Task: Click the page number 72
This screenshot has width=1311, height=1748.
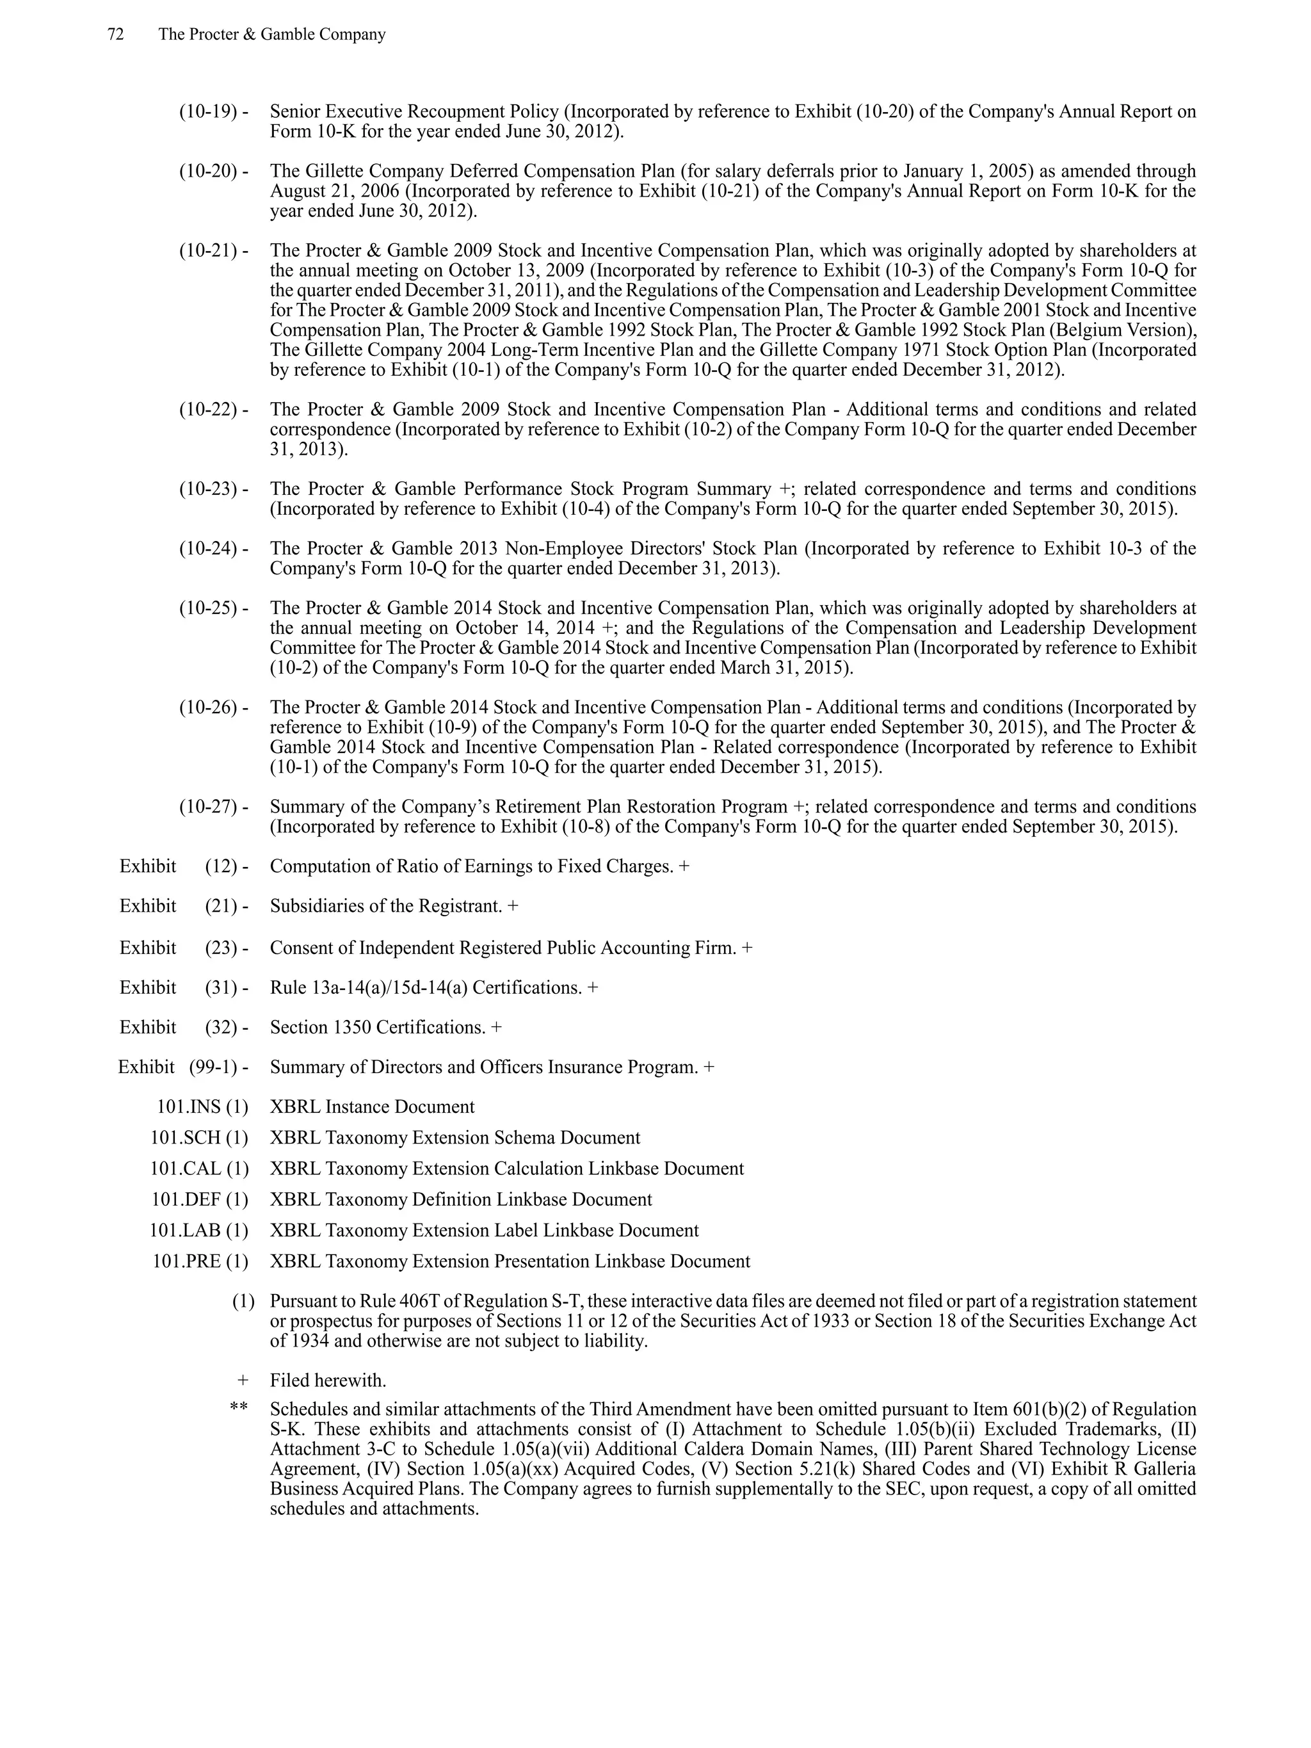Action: [115, 35]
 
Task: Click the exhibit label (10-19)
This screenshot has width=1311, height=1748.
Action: [208, 111]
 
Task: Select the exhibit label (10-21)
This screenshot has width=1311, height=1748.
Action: [208, 250]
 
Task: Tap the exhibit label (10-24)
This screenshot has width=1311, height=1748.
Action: [208, 549]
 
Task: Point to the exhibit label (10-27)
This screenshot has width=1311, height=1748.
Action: [208, 807]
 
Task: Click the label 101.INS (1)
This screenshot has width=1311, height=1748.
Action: [202, 1106]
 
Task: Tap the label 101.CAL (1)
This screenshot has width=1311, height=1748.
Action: [199, 1168]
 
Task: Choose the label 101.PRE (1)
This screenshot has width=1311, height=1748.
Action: [200, 1261]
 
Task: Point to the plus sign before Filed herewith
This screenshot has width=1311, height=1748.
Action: [243, 1380]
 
